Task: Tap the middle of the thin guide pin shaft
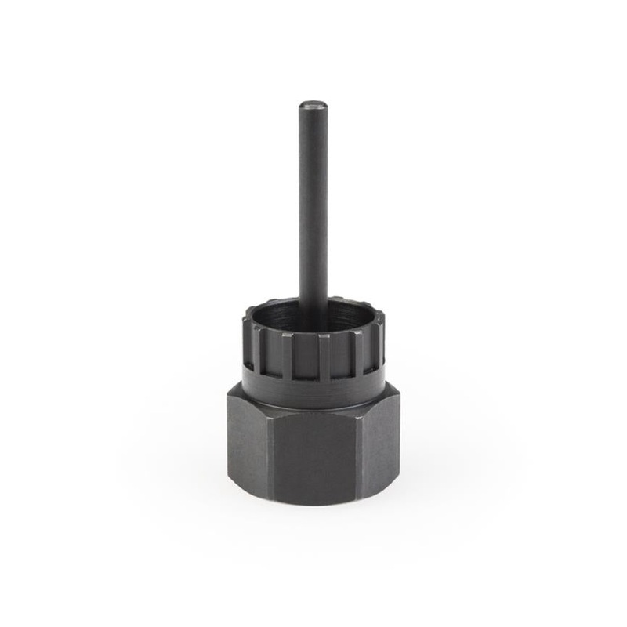coord(313,204)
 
